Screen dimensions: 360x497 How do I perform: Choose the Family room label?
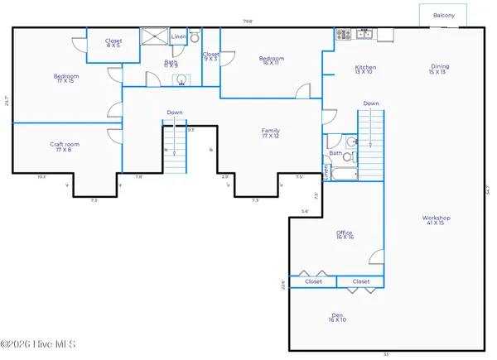click(271, 133)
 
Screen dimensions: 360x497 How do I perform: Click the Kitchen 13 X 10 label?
click(365, 70)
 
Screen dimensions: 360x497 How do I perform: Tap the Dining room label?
click(440, 70)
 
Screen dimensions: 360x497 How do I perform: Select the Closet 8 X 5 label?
click(113, 44)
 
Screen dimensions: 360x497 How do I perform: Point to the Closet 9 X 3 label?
click(211, 56)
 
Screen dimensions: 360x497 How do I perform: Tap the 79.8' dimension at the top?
click(246, 22)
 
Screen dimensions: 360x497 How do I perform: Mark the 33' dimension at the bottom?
click(386, 354)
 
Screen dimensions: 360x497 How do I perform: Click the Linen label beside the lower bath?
click(326, 172)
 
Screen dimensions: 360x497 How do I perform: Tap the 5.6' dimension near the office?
click(305, 212)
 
